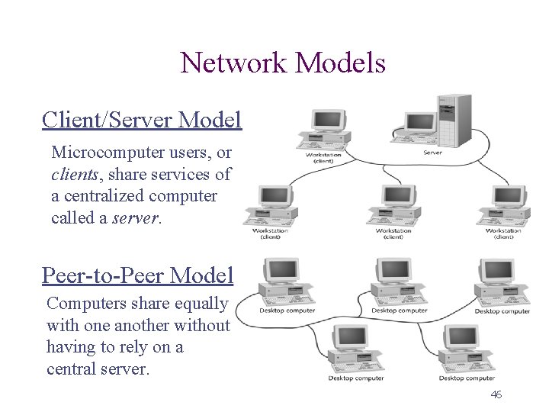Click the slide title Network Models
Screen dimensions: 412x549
click(283, 63)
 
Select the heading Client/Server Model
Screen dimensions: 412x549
click(142, 120)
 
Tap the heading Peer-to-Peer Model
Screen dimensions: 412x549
click(137, 274)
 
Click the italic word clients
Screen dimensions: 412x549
click(72, 174)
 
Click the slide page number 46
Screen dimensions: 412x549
click(496, 394)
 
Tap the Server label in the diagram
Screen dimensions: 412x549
click(432, 153)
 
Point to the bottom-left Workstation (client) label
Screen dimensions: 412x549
click(270, 233)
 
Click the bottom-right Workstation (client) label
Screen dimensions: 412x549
click(503, 233)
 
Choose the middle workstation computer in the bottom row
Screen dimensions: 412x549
click(393, 206)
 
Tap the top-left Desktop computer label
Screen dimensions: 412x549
click(287, 311)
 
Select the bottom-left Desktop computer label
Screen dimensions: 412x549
click(356, 378)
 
